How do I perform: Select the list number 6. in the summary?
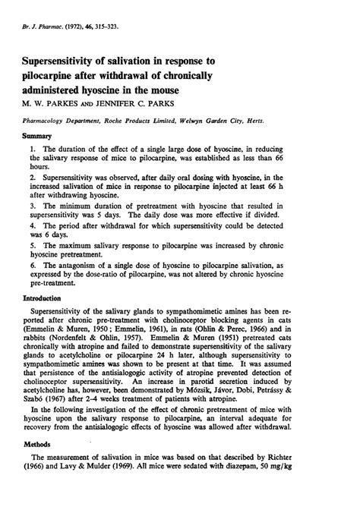click(x=33, y=266)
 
